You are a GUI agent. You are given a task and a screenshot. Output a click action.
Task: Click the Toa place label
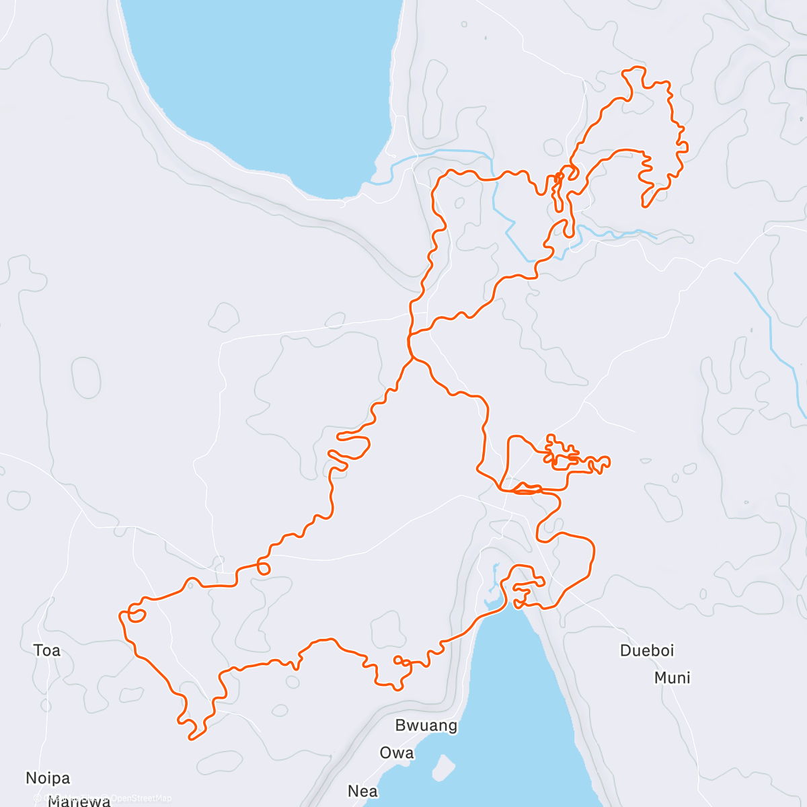click(x=47, y=650)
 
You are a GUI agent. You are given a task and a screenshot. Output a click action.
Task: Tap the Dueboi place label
click(x=647, y=650)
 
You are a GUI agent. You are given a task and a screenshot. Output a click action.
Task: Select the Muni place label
click(x=672, y=678)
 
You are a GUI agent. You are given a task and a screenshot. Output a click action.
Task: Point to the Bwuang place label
click(x=426, y=726)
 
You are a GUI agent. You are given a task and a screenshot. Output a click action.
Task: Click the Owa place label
click(x=397, y=753)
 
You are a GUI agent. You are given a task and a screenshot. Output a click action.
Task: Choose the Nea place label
click(x=363, y=792)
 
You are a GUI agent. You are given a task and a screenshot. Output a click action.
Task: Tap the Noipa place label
click(x=48, y=778)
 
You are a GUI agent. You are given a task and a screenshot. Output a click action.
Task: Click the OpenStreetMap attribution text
click(x=141, y=798)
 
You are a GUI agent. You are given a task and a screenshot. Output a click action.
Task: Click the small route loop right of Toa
click(x=137, y=615)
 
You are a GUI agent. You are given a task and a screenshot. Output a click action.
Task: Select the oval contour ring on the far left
click(x=86, y=377)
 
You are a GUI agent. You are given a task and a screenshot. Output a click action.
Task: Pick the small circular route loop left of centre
click(x=264, y=569)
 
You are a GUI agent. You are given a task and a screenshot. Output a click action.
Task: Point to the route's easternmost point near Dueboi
click(x=609, y=461)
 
